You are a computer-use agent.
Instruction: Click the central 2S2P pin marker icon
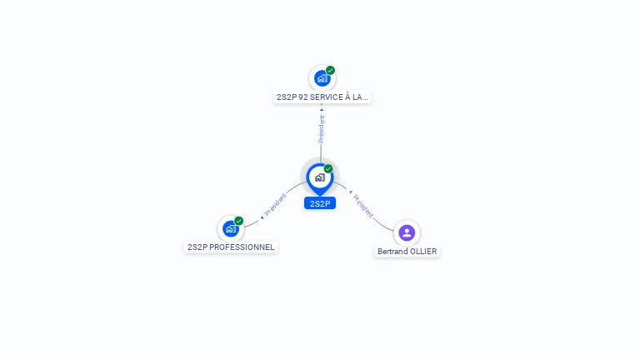click(x=319, y=177)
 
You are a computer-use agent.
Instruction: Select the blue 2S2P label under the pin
click(x=319, y=203)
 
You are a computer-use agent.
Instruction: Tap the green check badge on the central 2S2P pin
click(x=328, y=169)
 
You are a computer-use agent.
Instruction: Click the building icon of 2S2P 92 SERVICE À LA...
click(x=322, y=78)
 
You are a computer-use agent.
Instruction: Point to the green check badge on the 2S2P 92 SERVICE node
click(x=331, y=71)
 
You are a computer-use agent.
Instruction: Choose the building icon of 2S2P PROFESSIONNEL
click(x=230, y=228)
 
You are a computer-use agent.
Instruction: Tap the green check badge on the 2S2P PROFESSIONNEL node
click(x=239, y=221)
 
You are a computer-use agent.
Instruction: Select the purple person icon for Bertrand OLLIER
click(x=407, y=232)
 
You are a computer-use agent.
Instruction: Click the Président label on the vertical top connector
click(x=322, y=129)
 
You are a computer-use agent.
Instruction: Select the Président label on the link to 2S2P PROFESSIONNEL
click(x=275, y=206)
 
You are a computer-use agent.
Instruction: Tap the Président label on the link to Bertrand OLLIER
click(x=364, y=206)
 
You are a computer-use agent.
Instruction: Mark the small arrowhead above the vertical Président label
click(x=322, y=109)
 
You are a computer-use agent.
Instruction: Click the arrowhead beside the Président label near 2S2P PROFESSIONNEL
click(x=262, y=217)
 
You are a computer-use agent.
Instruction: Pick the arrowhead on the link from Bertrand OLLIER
click(x=351, y=192)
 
